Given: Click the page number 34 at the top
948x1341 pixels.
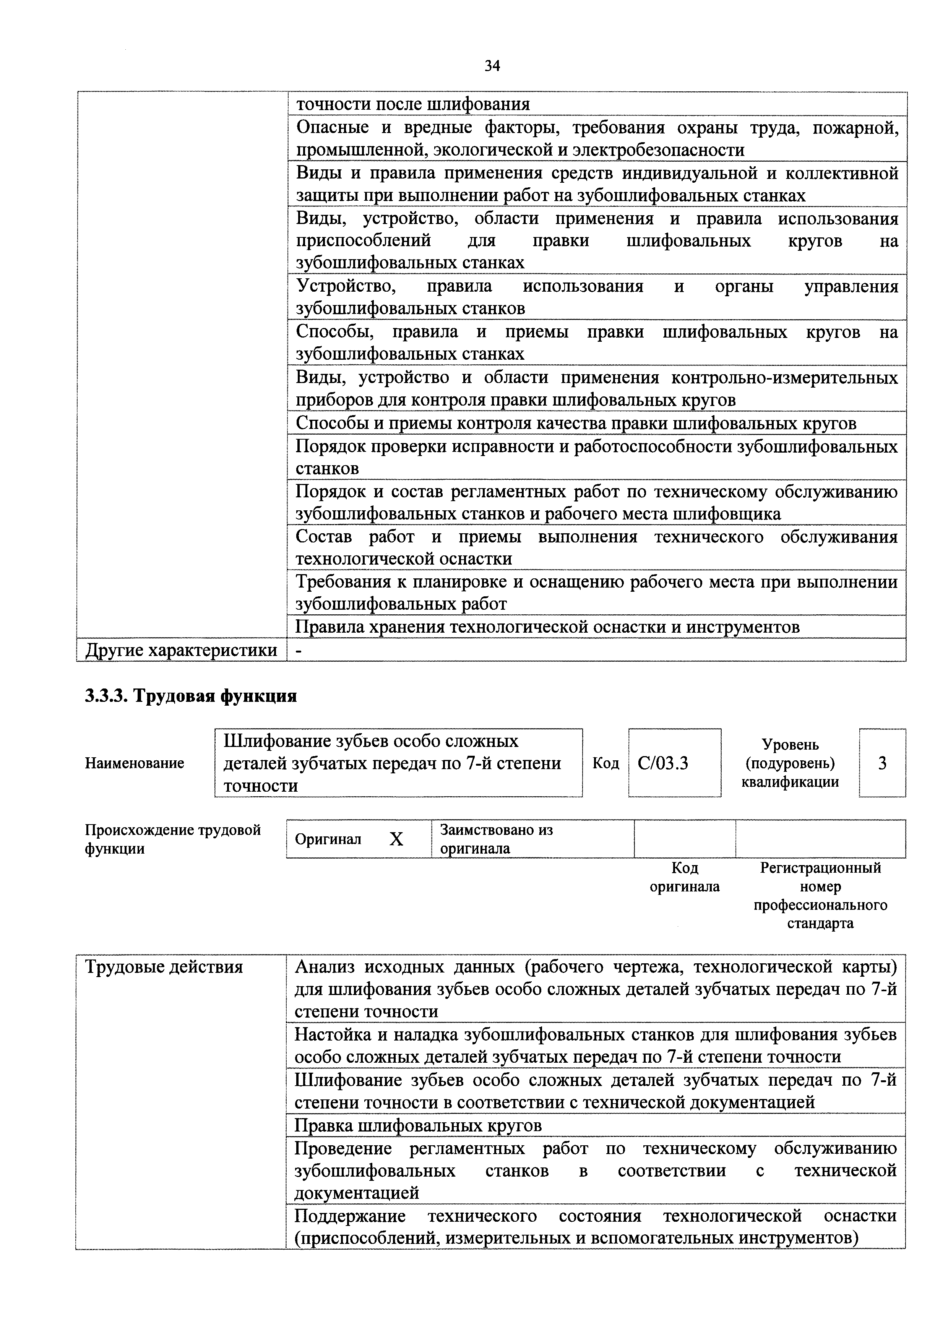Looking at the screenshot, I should [x=492, y=66].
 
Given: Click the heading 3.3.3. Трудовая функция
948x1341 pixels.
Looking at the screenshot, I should [x=191, y=696].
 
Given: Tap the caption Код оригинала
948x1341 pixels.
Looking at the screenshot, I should [x=685, y=878].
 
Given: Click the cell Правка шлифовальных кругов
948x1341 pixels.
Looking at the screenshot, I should [x=418, y=1125].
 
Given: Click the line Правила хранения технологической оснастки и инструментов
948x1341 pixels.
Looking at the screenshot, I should [x=547, y=627].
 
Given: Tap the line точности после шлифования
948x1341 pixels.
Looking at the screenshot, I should [x=413, y=104].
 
